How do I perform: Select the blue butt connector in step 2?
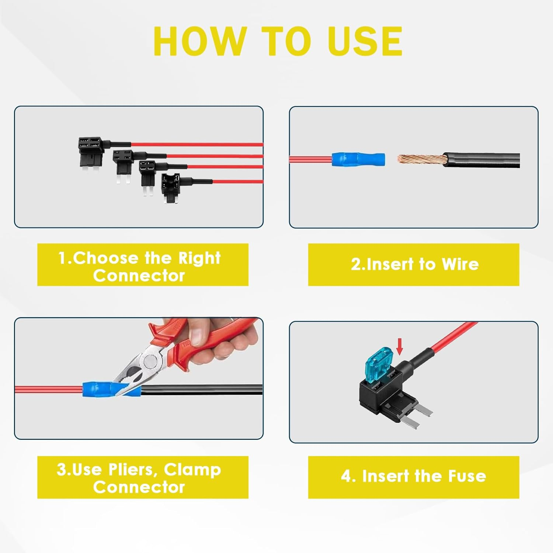pos(358,160)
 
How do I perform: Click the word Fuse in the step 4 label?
pos(467,476)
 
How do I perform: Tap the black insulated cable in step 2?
pos(481,160)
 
